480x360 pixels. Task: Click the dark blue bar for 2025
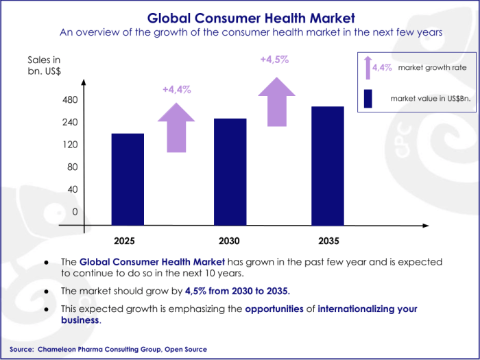tap(128, 178)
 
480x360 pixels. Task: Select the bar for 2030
tap(230, 171)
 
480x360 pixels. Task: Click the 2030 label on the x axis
tap(229, 241)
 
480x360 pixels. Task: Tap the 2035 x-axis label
tap(328, 241)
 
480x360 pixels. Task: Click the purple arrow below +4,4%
tap(176, 127)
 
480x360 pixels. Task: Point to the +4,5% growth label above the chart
tap(274, 60)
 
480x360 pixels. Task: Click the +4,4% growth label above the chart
tap(176, 89)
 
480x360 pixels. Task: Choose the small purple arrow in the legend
tap(368, 67)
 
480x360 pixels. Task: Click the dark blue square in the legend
tap(368, 99)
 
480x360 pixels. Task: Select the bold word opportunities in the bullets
tap(274, 309)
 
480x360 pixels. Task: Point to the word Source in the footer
tap(22, 349)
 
